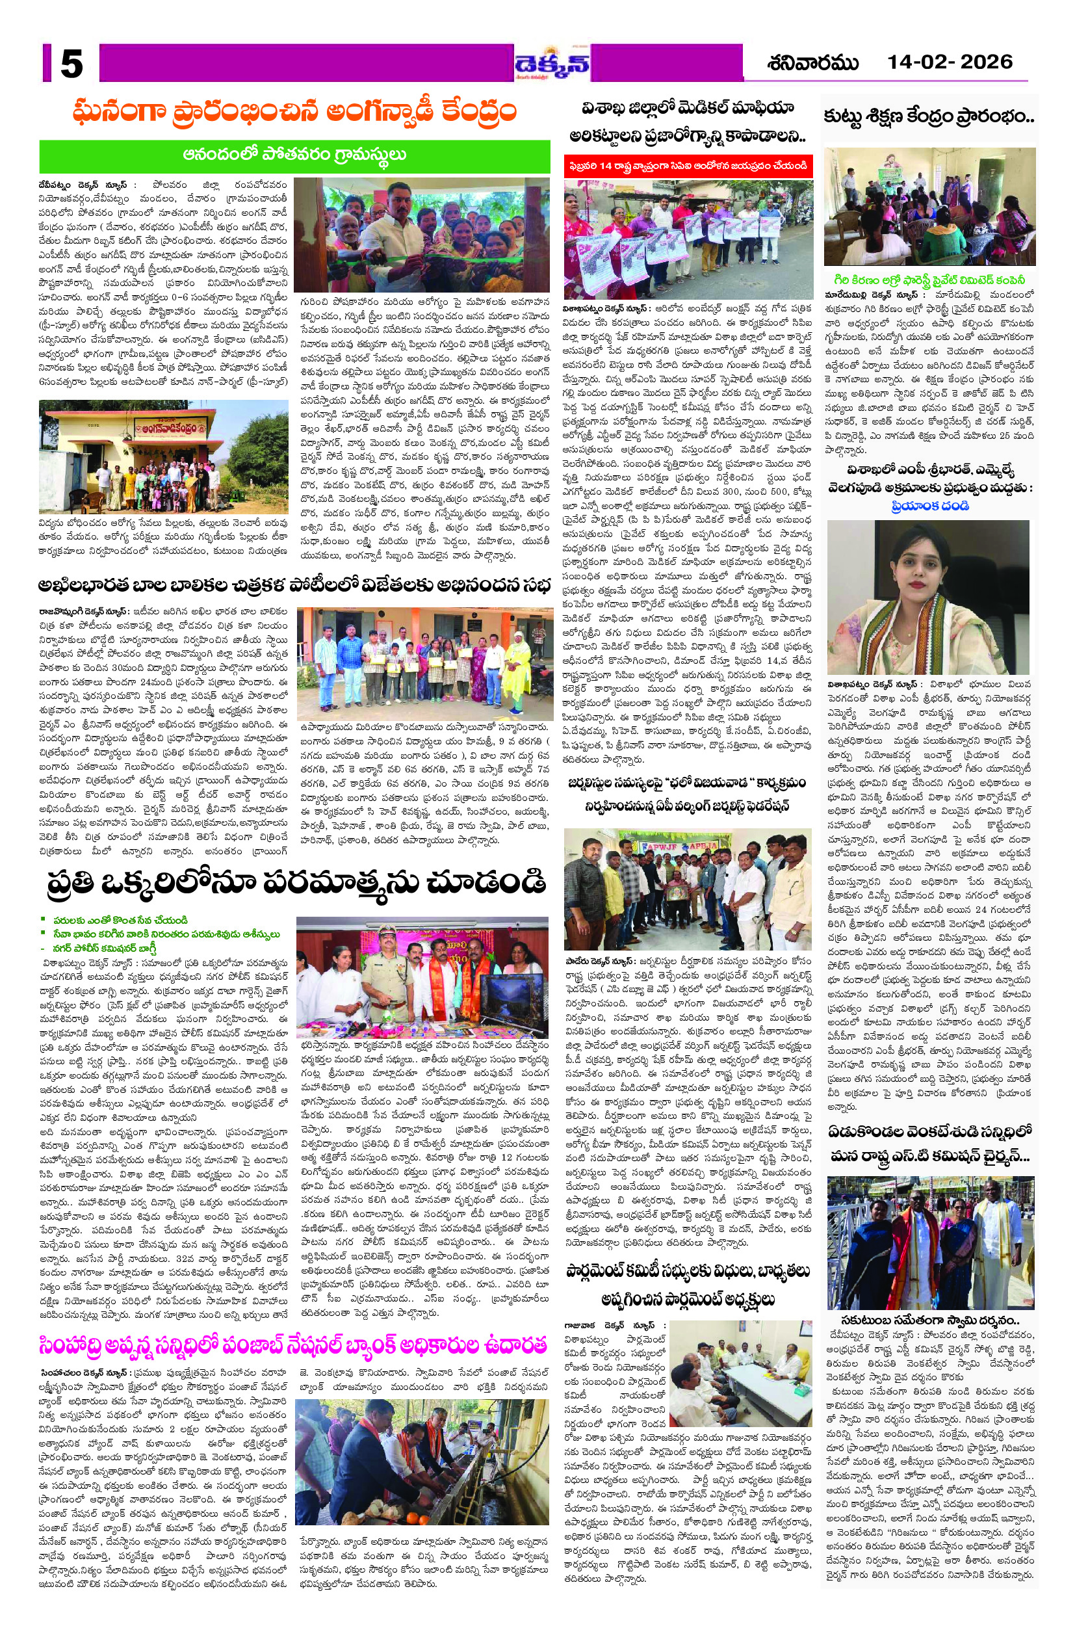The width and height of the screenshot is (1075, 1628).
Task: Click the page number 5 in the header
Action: tap(71, 64)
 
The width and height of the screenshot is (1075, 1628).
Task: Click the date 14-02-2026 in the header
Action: tap(950, 62)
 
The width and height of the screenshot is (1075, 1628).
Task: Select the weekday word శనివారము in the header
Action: tap(813, 63)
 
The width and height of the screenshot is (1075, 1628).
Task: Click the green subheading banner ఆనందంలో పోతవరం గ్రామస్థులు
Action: tap(295, 155)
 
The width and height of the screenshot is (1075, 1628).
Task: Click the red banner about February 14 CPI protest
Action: tap(688, 166)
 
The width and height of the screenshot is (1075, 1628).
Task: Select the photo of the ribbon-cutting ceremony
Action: tap(422, 235)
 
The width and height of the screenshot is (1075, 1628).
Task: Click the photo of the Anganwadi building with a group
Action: tap(164, 456)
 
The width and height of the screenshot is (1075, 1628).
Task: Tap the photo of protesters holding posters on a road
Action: tap(688, 239)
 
